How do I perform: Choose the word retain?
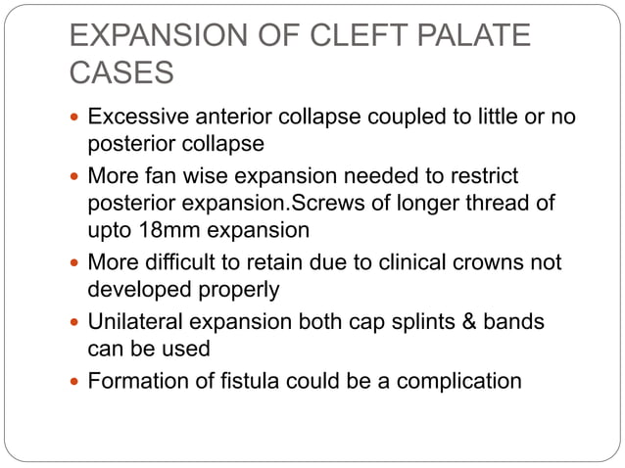[x=271, y=262]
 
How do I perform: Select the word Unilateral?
[x=134, y=322]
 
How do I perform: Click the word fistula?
[x=242, y=381]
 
